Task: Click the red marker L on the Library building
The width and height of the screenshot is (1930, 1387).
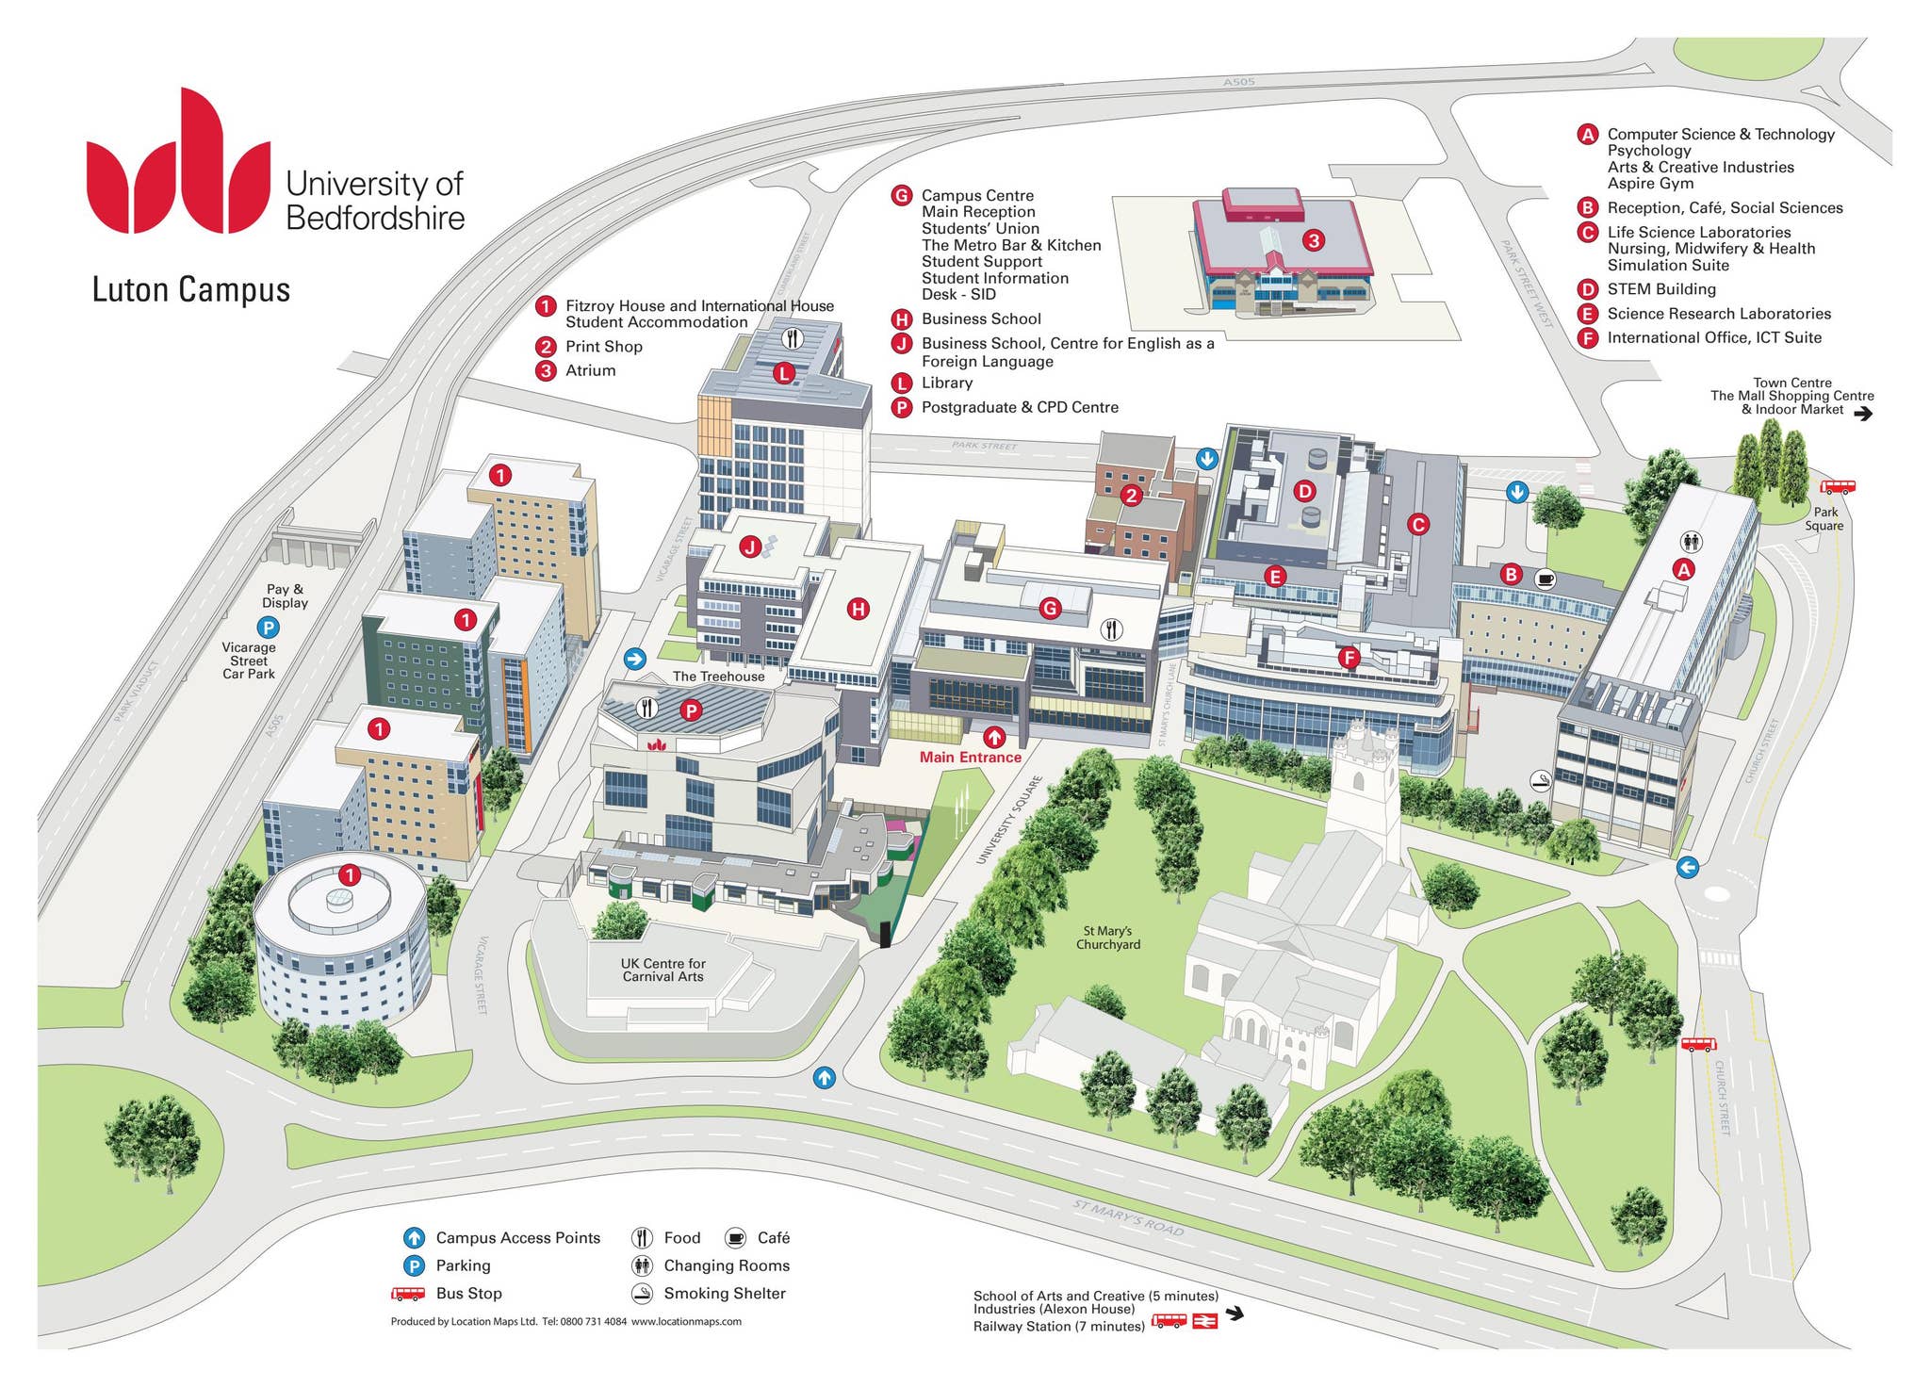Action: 784,373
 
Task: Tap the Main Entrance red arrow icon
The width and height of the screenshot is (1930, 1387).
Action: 994,738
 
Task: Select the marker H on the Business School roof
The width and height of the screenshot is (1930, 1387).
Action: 858,609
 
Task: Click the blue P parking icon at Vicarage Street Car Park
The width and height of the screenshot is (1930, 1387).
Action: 269,627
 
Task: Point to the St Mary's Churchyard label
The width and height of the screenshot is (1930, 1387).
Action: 1108,938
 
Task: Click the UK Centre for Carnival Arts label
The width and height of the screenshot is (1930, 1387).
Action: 662,970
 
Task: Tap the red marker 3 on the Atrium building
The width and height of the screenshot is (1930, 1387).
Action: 1314,240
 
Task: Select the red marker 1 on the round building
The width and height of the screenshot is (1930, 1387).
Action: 350,875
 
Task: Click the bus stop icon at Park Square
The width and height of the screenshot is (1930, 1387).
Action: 1838,487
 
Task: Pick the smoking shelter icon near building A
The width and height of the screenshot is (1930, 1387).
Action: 1540,780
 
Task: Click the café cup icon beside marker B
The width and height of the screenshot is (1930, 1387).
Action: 1545,579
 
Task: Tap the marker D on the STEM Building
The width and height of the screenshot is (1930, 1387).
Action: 1304,491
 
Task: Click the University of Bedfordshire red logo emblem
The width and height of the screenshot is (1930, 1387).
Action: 179,165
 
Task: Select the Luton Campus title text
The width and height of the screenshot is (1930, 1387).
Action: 191,289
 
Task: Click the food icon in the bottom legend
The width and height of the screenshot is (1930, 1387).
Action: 643,1237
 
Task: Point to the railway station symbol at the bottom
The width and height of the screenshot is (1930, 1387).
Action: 1205,1322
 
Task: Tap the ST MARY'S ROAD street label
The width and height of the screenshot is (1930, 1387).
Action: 1128,1217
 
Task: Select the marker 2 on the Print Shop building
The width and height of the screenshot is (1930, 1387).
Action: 1131,495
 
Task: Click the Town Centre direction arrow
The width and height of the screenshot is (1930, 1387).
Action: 1863,413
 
